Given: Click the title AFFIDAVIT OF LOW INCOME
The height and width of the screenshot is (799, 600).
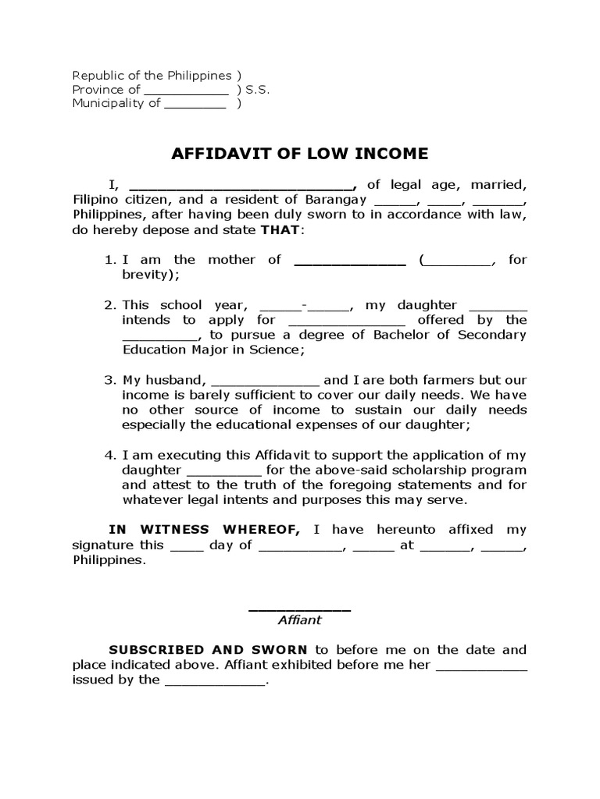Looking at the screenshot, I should point(300,153).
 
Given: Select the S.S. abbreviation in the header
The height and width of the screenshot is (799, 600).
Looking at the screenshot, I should point(258,90).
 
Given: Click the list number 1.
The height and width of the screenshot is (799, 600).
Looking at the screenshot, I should point(109,260).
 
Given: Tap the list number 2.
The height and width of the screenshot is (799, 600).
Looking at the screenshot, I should point(109,305).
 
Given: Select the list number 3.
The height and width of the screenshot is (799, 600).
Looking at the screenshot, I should point(109,380).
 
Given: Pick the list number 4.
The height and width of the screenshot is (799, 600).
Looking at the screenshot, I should point(109,455).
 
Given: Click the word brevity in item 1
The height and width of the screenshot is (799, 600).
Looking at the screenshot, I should point(147,275).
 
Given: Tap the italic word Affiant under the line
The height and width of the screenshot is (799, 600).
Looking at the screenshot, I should point(300,620).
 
